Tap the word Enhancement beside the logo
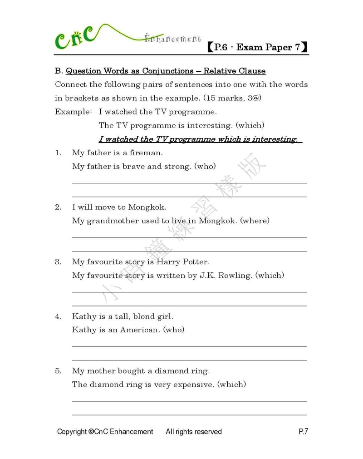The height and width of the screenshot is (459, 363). tap(173, 39)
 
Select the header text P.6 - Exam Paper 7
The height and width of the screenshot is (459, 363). tap(257, 47)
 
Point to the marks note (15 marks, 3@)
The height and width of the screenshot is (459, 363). tap(232, 98)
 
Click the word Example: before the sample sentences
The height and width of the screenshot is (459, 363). tap(73, 112)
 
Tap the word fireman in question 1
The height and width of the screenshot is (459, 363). tap(146, 153)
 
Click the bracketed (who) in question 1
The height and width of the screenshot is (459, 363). tap(205, 167)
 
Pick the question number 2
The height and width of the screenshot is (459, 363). tap(58, 207)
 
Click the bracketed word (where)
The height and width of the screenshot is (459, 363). tap(255, 221)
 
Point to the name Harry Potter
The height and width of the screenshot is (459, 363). tap(182, 262)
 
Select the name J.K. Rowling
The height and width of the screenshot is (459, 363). tap(225, 276)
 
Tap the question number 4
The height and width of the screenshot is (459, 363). tap(58, 316)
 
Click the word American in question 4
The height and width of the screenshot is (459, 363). tap(140, 330)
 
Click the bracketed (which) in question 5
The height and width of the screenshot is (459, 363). tap(231, 385)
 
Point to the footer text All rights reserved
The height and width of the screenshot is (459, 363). tap(194, 432)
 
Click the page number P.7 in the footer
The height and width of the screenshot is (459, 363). tap(303, 432)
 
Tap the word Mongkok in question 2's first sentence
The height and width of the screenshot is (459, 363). tap(147, 207)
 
